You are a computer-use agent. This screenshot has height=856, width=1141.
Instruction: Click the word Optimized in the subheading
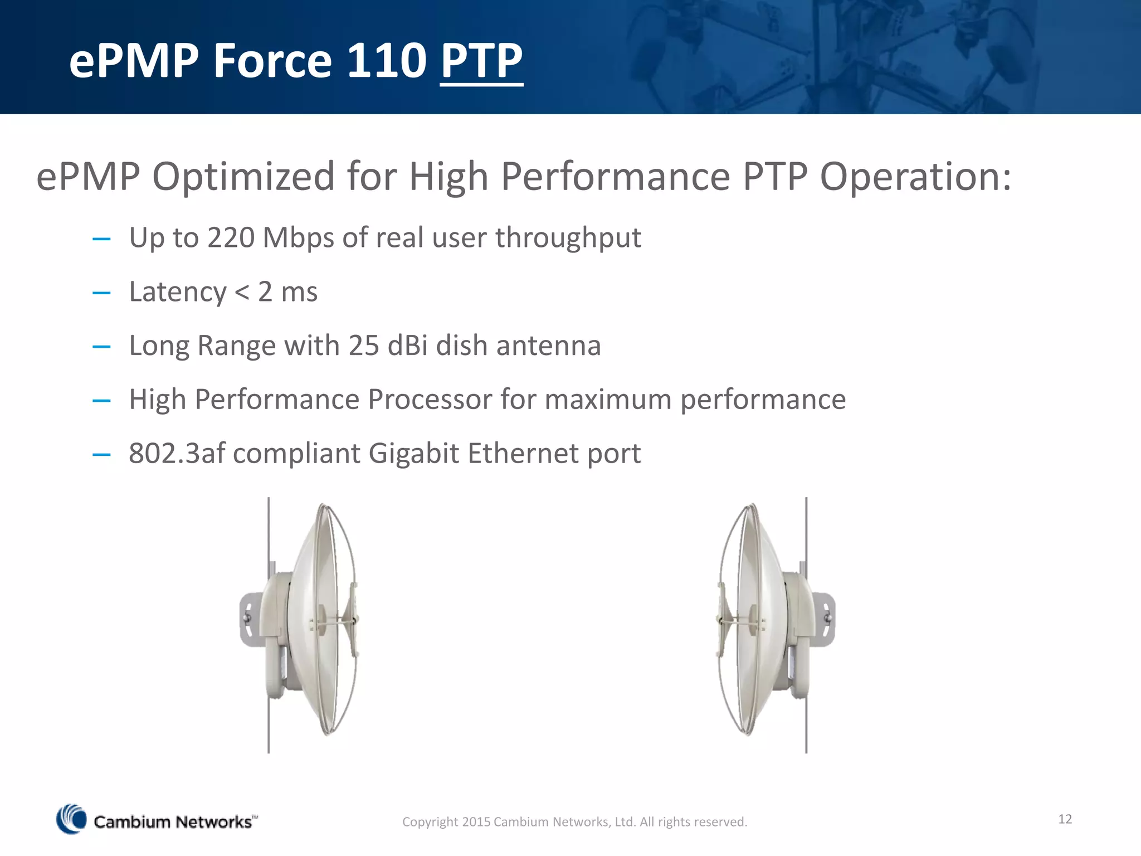[243, 177]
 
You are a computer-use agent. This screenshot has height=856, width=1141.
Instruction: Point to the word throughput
[568, 238]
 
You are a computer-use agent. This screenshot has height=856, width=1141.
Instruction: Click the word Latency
[177, 292]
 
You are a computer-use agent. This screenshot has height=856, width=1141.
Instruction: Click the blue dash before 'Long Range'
[101, 347]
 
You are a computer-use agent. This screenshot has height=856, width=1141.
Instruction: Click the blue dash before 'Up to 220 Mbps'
[101, 239]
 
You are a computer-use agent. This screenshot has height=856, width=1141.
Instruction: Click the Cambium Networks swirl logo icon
[71, 819]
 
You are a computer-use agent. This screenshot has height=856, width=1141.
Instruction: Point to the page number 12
[1065, 819]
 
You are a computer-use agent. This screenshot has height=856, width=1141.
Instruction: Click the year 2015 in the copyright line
[476, 822]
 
